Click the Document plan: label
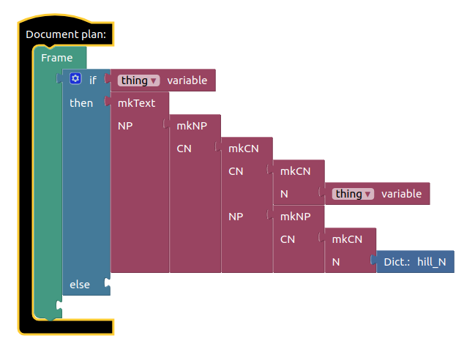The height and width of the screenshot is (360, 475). coord(66,34)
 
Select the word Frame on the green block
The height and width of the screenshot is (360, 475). coord(56,58)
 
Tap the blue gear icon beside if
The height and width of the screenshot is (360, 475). coord(75,79)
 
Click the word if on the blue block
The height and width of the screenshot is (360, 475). coord(93,80)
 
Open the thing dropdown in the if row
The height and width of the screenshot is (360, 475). coord(140,80)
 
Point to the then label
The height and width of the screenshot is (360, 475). coord(81,103)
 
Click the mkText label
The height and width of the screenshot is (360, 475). coord(137,103)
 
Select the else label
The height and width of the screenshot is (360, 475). coord(80,284)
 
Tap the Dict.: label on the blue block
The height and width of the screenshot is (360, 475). coord(397,262)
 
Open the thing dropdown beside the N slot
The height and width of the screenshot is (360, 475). coord(354,194)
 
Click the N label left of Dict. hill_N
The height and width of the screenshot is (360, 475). coord(335,262)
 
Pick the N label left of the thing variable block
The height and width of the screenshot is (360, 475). coord(284,194)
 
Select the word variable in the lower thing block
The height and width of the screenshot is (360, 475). coord(401,194)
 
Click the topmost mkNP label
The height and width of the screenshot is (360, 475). coord(192,126)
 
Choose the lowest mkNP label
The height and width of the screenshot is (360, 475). coord(296,217)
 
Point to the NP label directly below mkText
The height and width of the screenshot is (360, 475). coord(125,126)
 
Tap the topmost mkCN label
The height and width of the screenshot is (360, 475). coord(244,149)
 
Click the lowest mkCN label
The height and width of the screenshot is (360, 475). coord(348,239)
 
